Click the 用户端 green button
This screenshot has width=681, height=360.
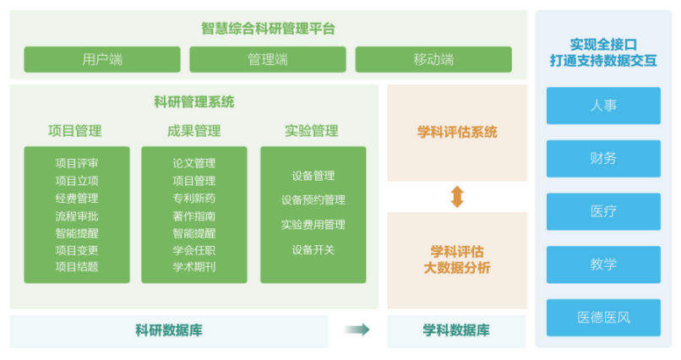pyautogui.click(x=102, y=59)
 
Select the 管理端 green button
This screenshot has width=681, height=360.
pyautogui.click(x=268, y=59)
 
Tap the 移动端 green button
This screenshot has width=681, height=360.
pyautogui.click(x=433, y=59)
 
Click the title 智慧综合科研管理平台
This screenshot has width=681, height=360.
pyautogui.click(x=268, y=29)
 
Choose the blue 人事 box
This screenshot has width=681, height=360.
pyautogui.click(x=603, y=106)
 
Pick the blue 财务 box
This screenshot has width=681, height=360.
pyautogui.click(x=603, y=159)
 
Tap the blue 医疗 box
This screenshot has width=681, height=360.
pyautogui.click(x=603, y=211)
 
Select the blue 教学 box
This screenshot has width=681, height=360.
pyautogui.click(x=603, y=265)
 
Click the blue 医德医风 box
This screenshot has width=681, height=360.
pyautogui.click(x=603, y=318)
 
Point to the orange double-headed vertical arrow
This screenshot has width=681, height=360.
pyautogui.click(x=457, y=197)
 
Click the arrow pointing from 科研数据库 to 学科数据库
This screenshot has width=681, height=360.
pyautogui.click(x=357, y=330)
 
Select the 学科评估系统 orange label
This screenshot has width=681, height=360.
pyautogui.click(x=457, y=132)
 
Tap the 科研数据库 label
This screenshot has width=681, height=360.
pyautogui.click(x=169, y=330)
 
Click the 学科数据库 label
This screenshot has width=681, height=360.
pyautogui.click(x=456, y=330)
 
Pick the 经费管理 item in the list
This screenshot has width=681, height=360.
pyautogui.click(x=77, y=199)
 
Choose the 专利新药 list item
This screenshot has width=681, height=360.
pyautogui.click(x=194, y=199)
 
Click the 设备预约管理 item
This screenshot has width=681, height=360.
pyautogui.click(x=313, y=199)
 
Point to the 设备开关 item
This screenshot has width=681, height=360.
pyautogui.click(x=313, y=249)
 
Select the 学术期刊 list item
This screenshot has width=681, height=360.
pyautogui.click(x=194, y=267)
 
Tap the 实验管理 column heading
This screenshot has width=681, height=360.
pyautogui.click(x=312, y=131)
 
